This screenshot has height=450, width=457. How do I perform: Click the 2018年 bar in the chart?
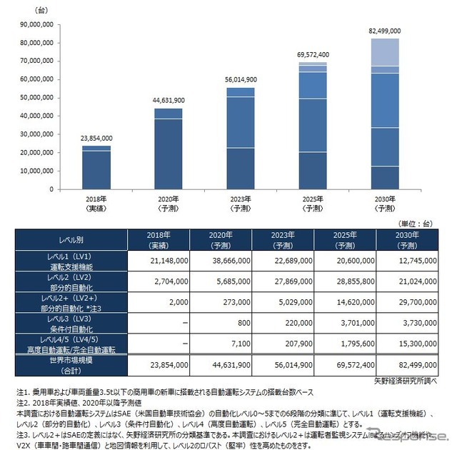click(x=96, y=167)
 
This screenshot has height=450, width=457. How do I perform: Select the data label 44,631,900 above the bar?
click(x=168, y=100)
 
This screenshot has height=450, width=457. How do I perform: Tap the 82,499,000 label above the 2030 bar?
click(x=384, y=31)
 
